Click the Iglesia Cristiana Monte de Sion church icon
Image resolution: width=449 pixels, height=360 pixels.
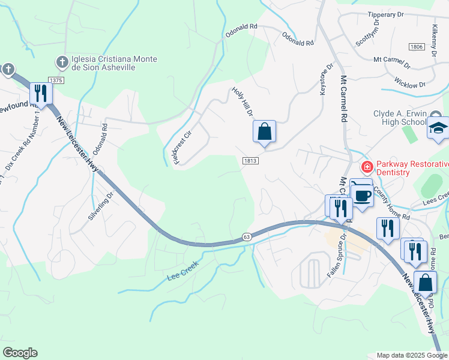tap(62, 62)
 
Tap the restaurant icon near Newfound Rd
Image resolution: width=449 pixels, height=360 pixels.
tap(41, 93)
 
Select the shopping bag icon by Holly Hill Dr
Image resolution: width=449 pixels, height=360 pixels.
tap(264, 131)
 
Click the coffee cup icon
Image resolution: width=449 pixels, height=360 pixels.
tap(362, 194)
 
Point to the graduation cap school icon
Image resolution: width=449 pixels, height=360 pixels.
tap(438, 128)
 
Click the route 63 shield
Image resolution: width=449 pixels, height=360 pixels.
tap(247, 237)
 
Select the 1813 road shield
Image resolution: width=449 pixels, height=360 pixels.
tap(250, 161)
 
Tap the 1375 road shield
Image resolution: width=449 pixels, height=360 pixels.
tap(56, 80)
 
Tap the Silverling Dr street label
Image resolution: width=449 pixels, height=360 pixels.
tap(101, 206)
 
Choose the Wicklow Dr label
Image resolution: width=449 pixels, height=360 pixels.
tap(410, 82)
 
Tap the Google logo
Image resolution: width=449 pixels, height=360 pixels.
tap(20, 353)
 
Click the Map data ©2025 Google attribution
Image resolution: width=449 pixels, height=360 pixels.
tap(411, 355)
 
